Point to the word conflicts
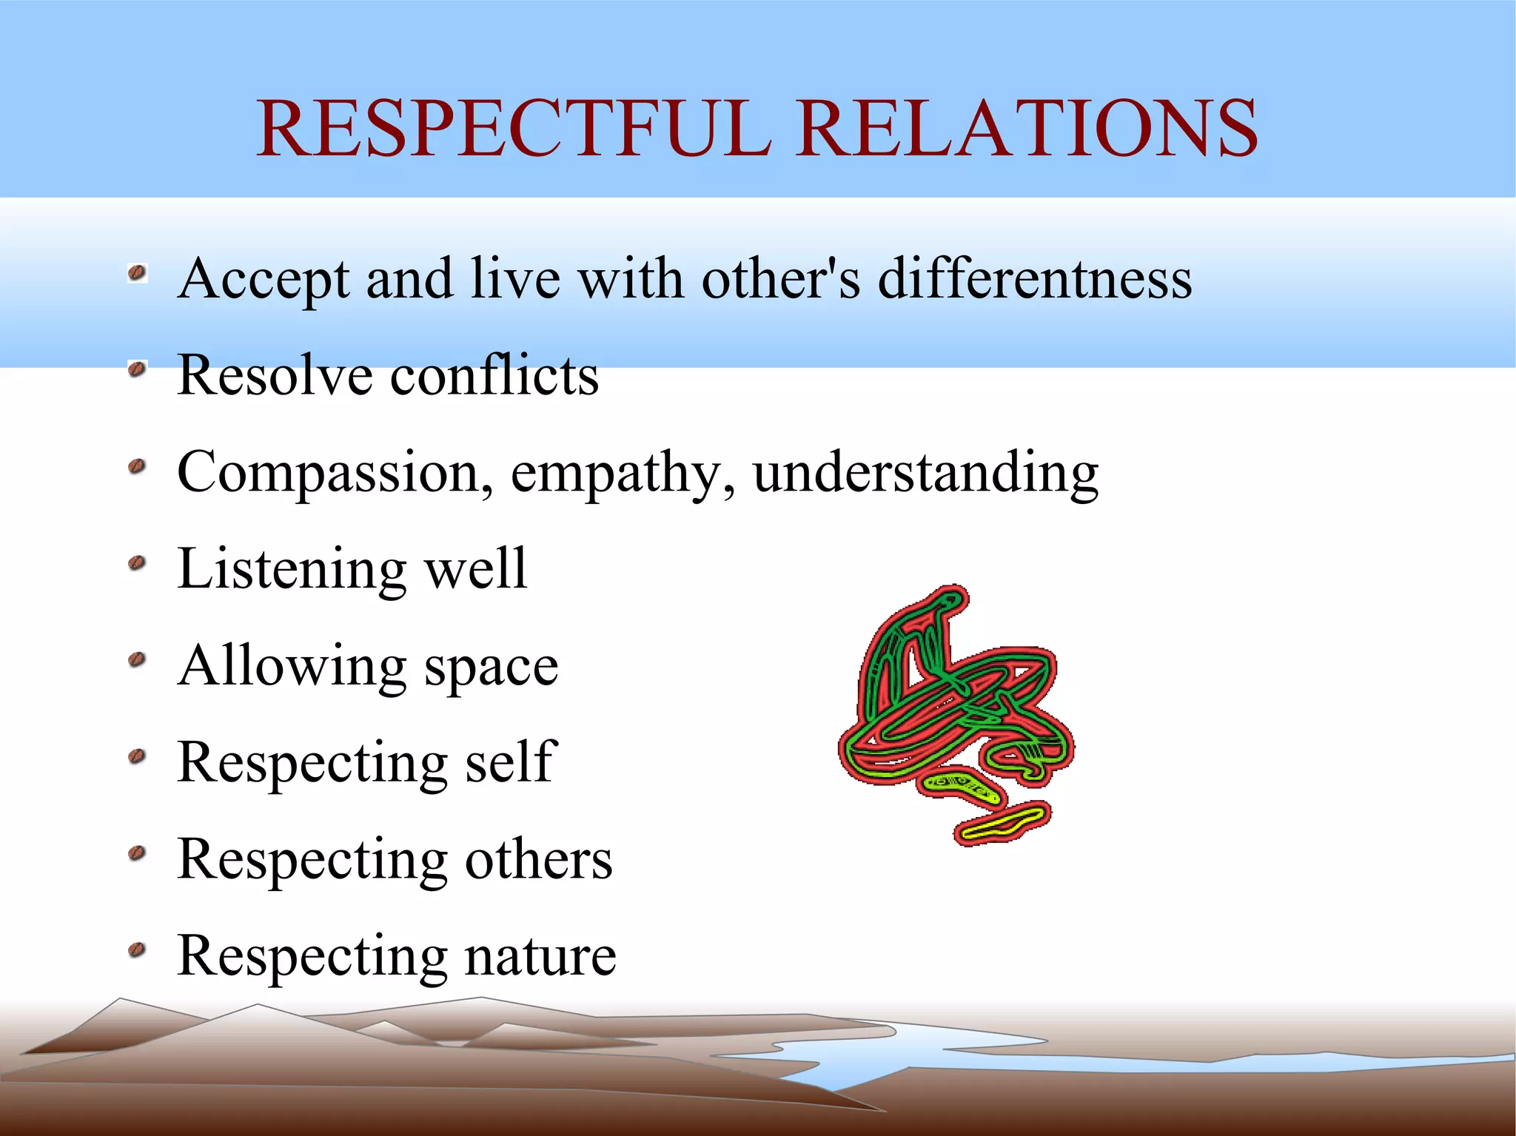point(494,375)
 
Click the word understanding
point(925,474)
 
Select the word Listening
point(292,571)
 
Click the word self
point(511,762)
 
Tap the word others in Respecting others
point(538,860)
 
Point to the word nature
point(540,957)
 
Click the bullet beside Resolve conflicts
point(136,369)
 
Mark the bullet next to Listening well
point(136,564)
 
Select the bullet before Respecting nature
point(136,950)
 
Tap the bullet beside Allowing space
point(136,659)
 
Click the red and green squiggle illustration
point(955,710)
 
